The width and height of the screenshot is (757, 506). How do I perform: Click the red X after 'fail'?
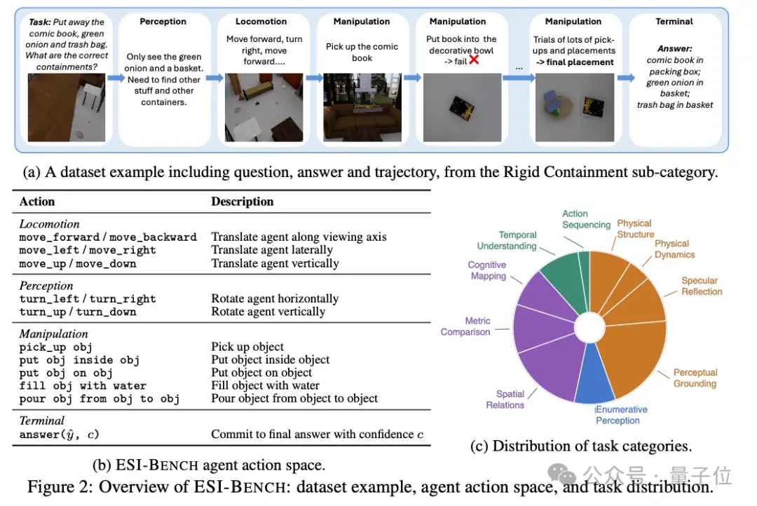coord(474,59)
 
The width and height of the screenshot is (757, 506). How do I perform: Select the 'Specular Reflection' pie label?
coord(702,286)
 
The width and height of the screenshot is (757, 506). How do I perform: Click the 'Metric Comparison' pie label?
coord(465,326)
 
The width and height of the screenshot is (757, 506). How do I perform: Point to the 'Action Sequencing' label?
coord(586,219)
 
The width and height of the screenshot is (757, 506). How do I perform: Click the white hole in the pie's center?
coord(589,328)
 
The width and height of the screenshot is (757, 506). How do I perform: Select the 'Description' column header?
coord(243,202)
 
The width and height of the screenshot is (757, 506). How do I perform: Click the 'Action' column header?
coord(37,202)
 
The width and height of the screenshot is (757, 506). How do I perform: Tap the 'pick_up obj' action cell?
coord(55,347)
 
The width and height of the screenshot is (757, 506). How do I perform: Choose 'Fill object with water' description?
coord(265,386)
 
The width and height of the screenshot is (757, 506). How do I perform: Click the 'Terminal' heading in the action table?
coord(41,421)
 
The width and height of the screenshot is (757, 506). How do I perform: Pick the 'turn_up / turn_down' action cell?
coord(78,312)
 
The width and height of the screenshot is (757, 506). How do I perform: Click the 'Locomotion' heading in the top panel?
coord(261,22)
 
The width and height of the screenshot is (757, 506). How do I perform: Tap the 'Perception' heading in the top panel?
coord(163,22)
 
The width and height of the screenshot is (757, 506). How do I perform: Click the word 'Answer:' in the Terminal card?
coord(674,49)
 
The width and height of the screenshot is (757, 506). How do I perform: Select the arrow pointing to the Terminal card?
coord(626,78)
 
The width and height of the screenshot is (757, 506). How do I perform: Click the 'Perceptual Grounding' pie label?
coord(695,378)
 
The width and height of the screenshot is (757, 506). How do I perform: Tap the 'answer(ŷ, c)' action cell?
coord(59,435)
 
